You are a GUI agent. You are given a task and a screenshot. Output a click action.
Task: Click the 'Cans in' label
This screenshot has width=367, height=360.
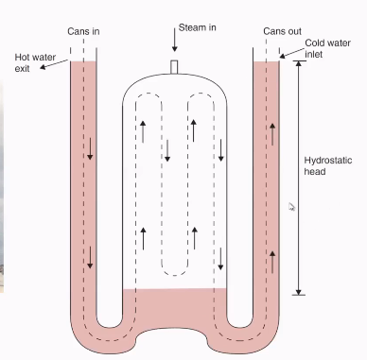pos(84,32)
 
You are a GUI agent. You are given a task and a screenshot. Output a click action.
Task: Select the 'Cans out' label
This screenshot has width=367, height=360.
pos(283,32)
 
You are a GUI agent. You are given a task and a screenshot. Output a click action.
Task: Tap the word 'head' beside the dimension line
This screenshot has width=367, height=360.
pos(318,172)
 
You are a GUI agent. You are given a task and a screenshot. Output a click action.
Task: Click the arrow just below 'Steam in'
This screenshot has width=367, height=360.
pos(174,40)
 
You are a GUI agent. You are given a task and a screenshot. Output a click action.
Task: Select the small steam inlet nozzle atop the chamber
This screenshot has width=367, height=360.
pos(174,66)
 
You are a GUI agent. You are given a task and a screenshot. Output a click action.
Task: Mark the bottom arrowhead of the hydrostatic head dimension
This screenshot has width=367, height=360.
pos(299,290)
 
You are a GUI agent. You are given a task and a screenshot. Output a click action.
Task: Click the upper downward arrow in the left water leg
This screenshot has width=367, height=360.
pos(91,148)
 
